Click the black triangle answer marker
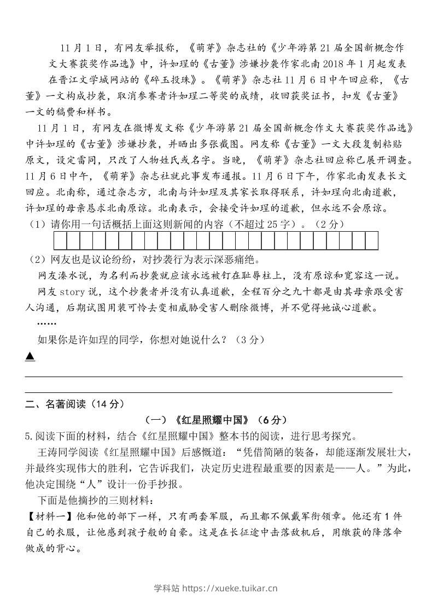point(30,357)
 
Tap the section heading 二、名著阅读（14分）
point(75,404)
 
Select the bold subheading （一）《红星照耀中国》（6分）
point(216,420)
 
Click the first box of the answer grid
point(60,240)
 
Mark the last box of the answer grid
point(372,240)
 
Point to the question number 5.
point(29,436)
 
